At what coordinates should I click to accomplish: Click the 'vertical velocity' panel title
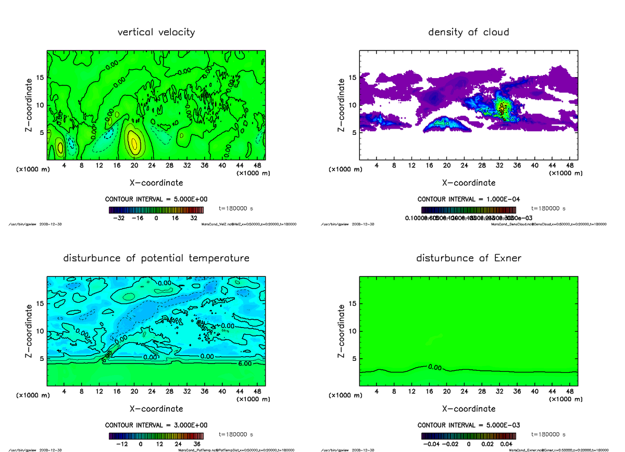(x=156, y=32)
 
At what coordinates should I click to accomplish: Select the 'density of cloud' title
(x=468, y=32)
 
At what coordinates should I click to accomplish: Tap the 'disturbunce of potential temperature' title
(x=156, y=258)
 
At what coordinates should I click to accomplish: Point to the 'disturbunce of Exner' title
(x=468, y=258)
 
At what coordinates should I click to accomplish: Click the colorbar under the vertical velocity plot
(x=156, y=210)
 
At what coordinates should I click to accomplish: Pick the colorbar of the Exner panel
(x=468, y=436)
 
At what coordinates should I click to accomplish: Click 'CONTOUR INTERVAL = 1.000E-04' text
(x=468, y=199)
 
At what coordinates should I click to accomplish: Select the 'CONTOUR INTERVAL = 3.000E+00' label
(x=156, y=425)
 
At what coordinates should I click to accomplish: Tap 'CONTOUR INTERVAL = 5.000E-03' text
(x=468, y=425)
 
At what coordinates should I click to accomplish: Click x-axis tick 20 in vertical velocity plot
(x=134, y=166)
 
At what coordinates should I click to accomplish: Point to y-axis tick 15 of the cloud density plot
(x=352, y=78)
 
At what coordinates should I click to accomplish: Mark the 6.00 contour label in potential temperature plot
(x=245, y=363)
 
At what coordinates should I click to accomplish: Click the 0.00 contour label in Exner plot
(x=434, y=367)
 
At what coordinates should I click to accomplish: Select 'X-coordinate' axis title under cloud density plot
(x=468, y=183)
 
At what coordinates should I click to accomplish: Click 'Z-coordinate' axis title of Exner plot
(x=342, y=331)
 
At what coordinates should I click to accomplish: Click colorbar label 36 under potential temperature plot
(x=197, y=444)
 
